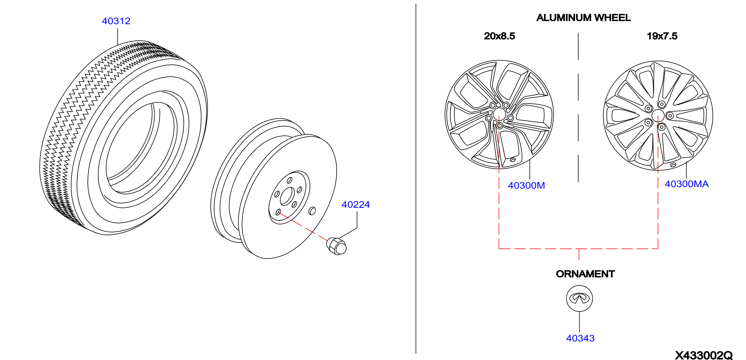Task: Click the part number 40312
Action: (116, 21)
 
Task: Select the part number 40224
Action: (356, 205)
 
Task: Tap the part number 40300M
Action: (526, 185)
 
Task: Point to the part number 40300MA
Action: (687, 184)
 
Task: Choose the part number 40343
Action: (580, 338)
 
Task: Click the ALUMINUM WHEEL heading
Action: (583, 18)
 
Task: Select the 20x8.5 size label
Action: (500, 36)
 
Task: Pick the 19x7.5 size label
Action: (662, 36)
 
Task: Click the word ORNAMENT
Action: (585, 274)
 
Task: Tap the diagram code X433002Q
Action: (704, 355)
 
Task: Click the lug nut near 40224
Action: (336, 246)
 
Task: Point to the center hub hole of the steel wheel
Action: (287, 196)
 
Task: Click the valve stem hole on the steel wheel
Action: (312, 211)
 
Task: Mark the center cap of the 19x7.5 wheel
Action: (658, 115)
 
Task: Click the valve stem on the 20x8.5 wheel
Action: (513, 160)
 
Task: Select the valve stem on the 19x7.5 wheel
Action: (673, 165)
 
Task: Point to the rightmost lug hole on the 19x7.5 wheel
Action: (670, 115)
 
